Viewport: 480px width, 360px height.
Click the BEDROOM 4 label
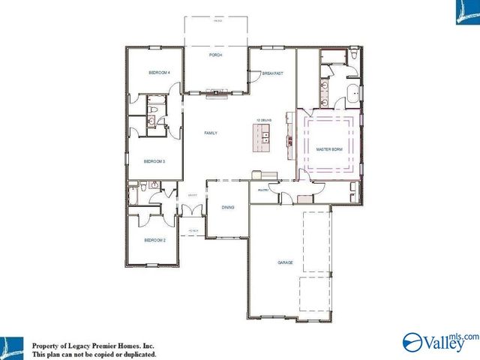(x=159, y=73)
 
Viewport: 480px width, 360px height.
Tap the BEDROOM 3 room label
(x=154, y=160)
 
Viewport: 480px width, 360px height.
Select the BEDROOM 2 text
(x=154, y=240)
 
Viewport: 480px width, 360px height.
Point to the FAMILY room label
(x=211, y=133)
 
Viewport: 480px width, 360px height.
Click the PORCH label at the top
(x=217, y=55)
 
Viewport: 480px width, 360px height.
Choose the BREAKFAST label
(x=272, y=73)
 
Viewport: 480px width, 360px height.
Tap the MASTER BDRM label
(x=328, y=149)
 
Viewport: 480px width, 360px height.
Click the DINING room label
(x=228, y=207)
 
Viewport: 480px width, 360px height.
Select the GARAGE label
(x=285, y=262)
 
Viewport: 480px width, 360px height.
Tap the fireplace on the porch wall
(x=217, y=94)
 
